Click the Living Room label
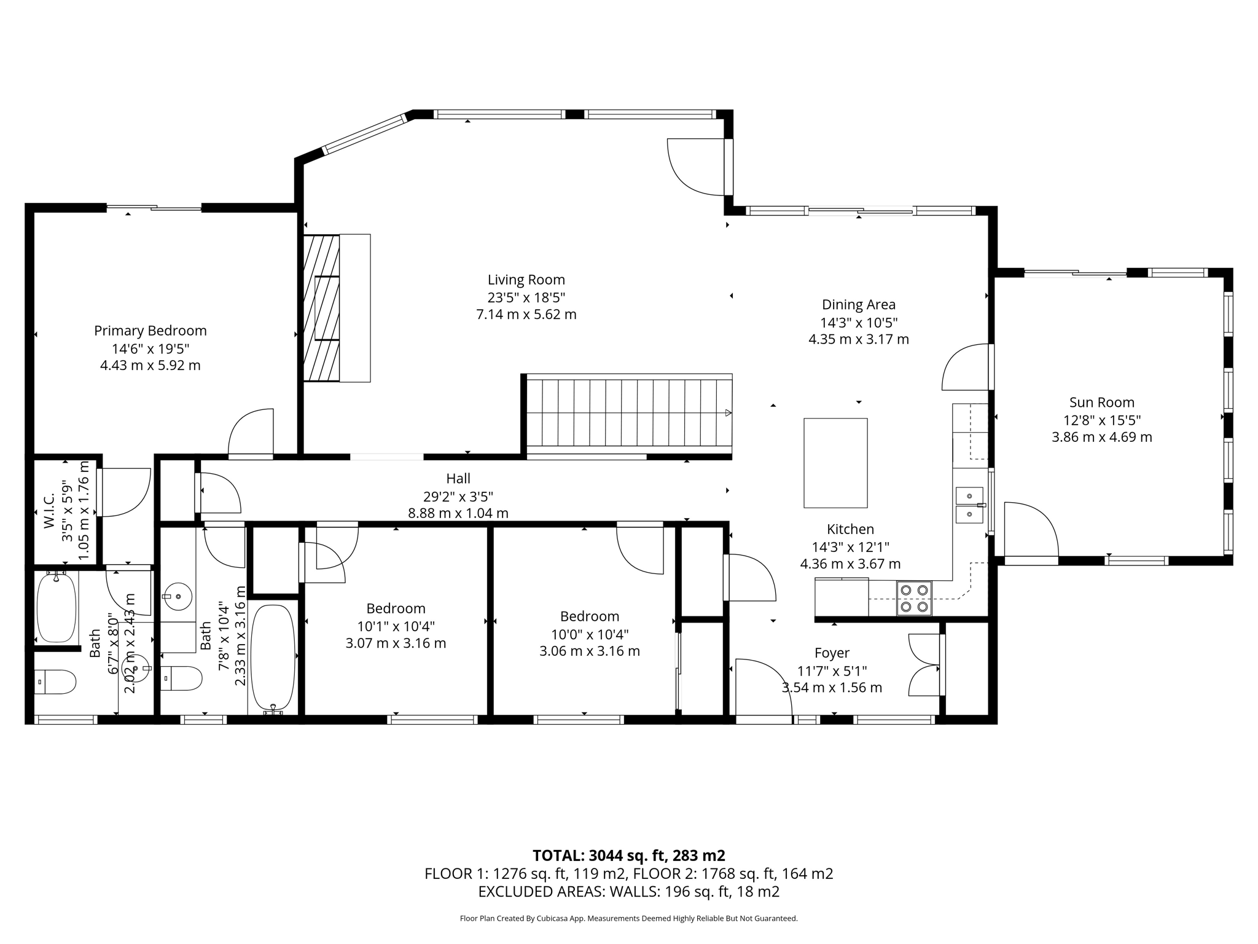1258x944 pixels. click(x=526, y=280)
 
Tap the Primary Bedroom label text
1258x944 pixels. click(x=150, y=331)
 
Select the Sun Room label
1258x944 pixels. click(x=1102, y=403)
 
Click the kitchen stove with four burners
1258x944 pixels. click(x=913, y=599)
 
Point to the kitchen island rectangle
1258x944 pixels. click(x=835, y=463)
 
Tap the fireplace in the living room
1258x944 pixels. click(x=337, y=308)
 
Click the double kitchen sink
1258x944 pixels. click(x=970, y=505)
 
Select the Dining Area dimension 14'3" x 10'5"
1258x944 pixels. click(x=859, y=323)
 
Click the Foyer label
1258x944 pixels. click(x=832, y=653)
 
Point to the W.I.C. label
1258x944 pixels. click(x=49, y=511)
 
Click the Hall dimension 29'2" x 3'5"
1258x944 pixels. click(x=458, y=496)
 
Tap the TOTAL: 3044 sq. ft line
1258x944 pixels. click(x=629, y=855)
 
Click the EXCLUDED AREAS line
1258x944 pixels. click(x=629, y=892)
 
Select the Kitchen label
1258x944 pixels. click(x=850, y=529)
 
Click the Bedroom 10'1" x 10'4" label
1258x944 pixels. click(x=396, y=608)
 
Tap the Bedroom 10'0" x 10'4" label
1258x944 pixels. click(x=590, y=616)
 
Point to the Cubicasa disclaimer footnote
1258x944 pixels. click(x=629, y=919)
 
